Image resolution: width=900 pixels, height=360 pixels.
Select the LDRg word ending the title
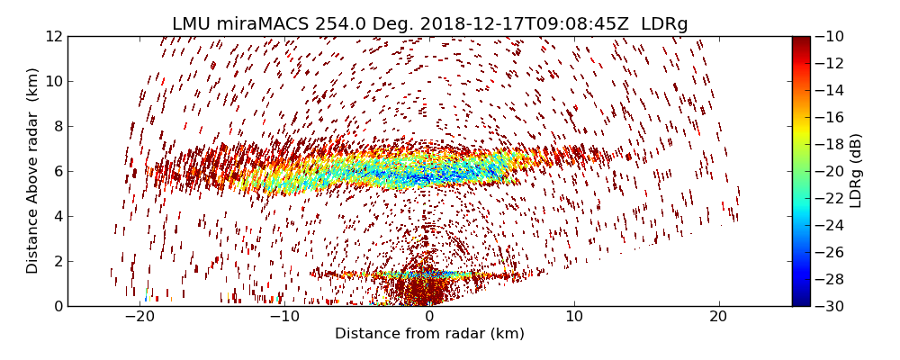tap(664, 24)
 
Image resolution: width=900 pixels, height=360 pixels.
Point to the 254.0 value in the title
tap(338, 24)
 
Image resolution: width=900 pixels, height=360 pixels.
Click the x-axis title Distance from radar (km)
tap(429, 334)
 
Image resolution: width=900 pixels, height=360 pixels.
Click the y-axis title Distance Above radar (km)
tap(33, 171)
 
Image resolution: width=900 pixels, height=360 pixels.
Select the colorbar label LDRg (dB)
tap(856, 171)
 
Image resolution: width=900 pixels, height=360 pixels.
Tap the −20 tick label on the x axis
tap(139, 317)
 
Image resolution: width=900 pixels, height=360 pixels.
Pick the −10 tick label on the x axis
tap(284, 317)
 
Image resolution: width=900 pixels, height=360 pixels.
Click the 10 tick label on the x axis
tap(574, 317)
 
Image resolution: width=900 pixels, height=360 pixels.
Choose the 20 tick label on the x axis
tap(718, 317)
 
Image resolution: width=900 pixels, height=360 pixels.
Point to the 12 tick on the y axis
tap(54, 36)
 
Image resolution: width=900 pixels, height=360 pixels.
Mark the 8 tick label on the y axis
tap(57, 126)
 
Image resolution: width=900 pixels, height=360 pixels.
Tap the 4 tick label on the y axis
tap(57, 216)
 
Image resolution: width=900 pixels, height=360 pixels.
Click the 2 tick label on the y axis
tap(57, 261)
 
